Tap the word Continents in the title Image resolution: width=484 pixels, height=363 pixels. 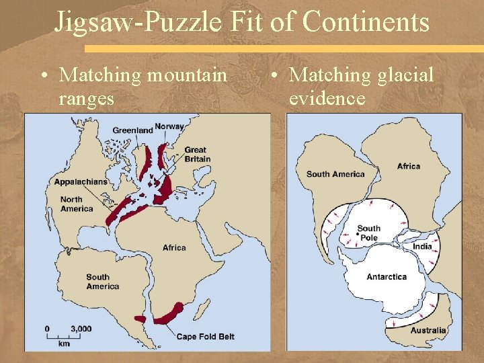366,22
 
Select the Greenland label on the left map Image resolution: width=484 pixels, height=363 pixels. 132,130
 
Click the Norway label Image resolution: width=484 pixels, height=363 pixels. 169,127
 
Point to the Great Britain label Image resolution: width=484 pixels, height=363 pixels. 197,155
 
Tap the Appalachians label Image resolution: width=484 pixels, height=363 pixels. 81,182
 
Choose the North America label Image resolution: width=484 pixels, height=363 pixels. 77,204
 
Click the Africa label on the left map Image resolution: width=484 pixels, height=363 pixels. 174,247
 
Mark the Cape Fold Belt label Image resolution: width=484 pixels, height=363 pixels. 206,336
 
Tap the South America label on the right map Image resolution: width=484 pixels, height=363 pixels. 335,175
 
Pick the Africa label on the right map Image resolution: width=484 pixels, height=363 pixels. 408,166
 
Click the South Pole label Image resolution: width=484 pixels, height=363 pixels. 368,233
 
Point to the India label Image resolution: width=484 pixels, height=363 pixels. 422,247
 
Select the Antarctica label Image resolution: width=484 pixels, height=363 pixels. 387,277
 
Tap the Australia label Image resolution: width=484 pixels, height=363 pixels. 428,330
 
